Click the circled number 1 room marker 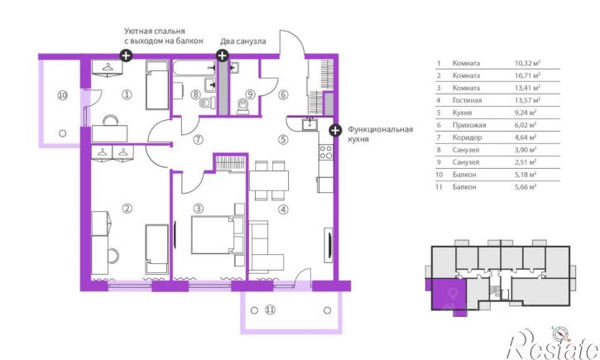click(127, 94)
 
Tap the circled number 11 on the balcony click(270, 310)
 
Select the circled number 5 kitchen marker click(283, 139)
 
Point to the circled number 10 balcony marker click(63, 94)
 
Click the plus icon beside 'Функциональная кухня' click(335, 130)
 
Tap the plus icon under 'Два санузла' click(223, 55)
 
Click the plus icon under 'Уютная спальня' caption click(126, 55)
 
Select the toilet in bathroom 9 click(243, 106)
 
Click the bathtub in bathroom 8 click(194, 69)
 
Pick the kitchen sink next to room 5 click(309, 124)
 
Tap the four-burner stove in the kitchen click(326, 151)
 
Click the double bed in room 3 click(218, 235)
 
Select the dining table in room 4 click(269, 180)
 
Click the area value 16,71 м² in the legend click(527, 75)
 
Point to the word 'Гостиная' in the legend click(467, 100)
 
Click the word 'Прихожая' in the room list click(469, 125)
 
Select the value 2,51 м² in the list click(526, 162)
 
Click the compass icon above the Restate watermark click(559, 334)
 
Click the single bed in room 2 click(157, 249)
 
